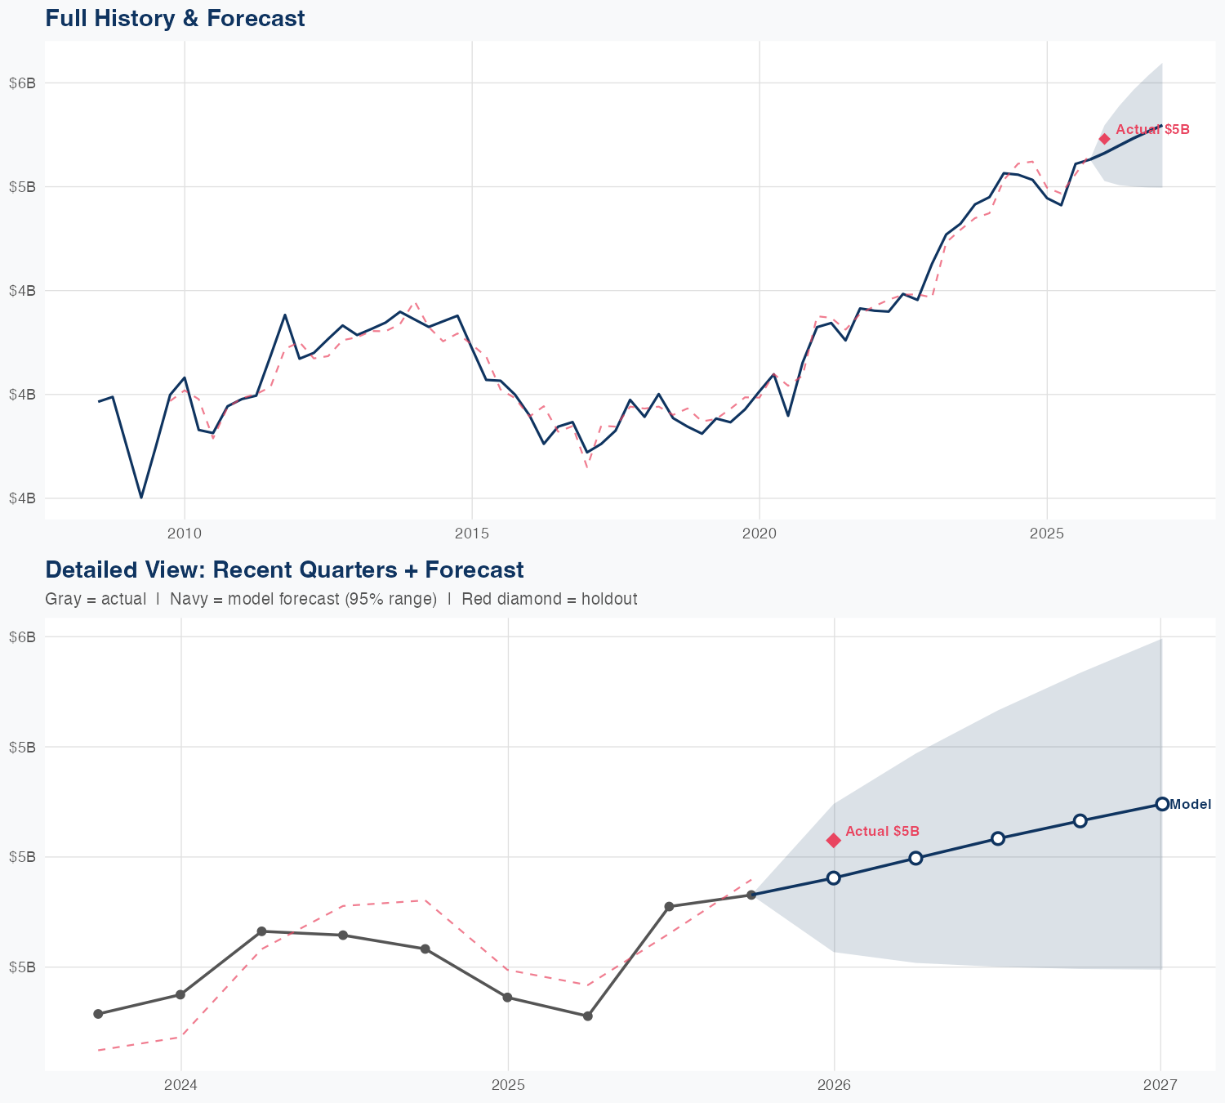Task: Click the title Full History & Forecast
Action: point(175,18)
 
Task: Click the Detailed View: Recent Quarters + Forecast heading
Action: point(284,569)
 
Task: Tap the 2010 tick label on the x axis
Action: point(185,534)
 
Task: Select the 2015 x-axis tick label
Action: point(472,534)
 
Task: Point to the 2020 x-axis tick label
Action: point(759,534)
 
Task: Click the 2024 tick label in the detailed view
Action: point(181,1085)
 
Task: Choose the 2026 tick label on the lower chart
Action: point(834,1085)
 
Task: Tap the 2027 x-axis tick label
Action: point(1160,1085)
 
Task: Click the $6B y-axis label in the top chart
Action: point(22,83)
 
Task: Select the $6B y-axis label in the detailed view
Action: point(22,636)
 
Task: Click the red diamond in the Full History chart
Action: point(1104,139)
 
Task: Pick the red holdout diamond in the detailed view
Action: point(834,840)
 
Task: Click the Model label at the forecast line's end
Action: point(1190,805)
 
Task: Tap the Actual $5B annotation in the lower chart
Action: point(882,832)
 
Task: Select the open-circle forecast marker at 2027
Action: point(1161,804)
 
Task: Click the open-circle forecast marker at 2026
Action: point(834,877)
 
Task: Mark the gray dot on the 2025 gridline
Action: point(507,998)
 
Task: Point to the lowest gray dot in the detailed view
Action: point(587,1016)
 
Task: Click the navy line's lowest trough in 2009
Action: point(141,497)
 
